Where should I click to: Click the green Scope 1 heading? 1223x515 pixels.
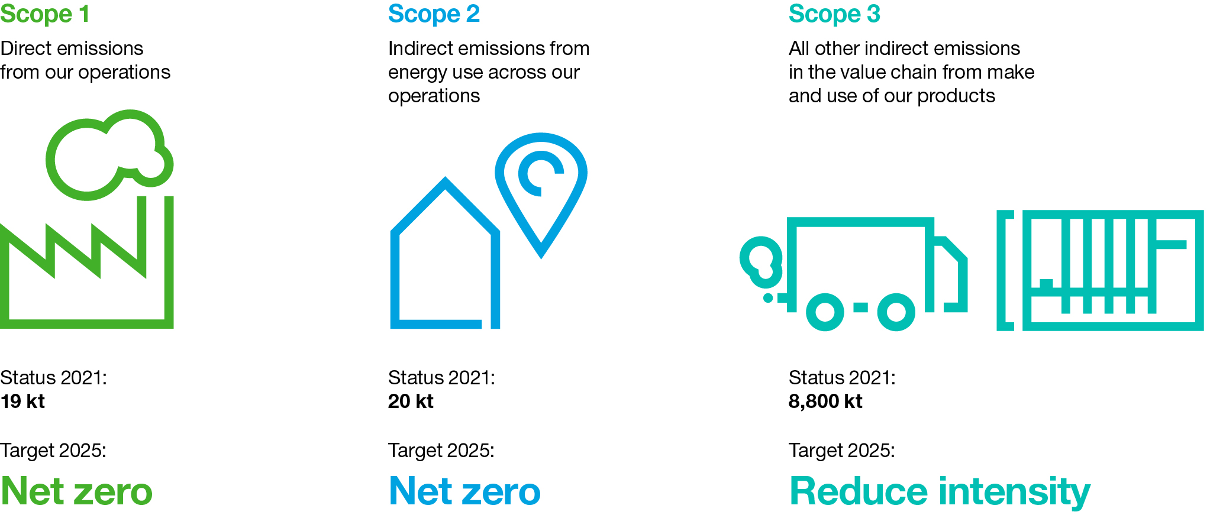click(45, 14)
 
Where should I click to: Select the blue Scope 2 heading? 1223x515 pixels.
click(434, 14)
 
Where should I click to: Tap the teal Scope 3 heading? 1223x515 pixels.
click(834, 14)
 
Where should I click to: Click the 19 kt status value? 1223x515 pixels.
click(22, 401)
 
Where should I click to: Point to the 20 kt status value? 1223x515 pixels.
click(411, 401)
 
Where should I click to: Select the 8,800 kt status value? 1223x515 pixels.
click(825, 401)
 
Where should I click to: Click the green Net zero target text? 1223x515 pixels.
click(76, 491)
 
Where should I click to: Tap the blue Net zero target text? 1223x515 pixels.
click(464, 491)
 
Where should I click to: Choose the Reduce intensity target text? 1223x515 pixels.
click(940, 492)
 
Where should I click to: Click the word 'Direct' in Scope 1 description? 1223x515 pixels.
click(26, 48)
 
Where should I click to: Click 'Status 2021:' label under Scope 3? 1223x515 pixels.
click(842, 378)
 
